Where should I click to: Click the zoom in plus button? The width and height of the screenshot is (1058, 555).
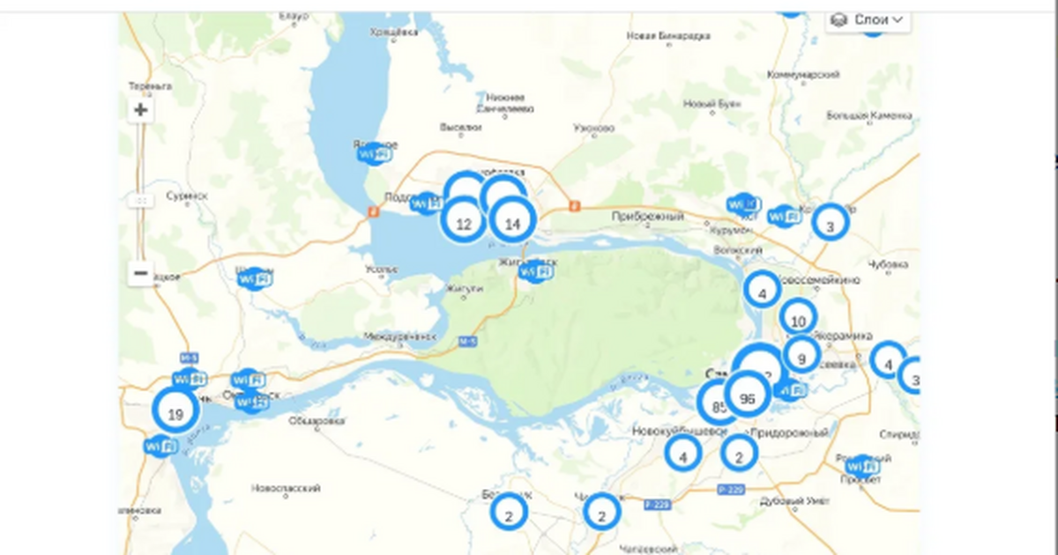[x=140, y=111]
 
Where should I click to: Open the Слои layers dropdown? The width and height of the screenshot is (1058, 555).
[x=868, y=19]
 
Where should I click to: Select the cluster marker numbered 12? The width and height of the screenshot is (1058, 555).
[x=464, y=223]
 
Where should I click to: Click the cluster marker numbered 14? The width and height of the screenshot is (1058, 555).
[x=512, y=223]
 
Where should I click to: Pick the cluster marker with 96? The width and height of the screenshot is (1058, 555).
[x=748, y=398]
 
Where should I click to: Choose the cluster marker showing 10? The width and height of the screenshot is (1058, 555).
[x=799, y=320]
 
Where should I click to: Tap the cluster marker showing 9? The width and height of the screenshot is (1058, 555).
[x=801, y=358]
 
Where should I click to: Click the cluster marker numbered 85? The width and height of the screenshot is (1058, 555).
[x=717, y=406]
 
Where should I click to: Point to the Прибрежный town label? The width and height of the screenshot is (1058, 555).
[x=648, y=216]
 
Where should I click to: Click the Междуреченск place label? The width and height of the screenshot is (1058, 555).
[x=400, y=337]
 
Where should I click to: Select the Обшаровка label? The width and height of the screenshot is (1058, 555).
[x=316, y=421]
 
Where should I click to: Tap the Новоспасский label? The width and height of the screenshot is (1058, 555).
[x=286, y=487]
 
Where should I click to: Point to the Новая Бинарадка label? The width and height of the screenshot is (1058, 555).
[x=667, y=36]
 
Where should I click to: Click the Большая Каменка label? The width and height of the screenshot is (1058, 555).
[x=868, y=115]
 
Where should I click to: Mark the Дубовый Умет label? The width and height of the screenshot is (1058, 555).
[x=792, y=500]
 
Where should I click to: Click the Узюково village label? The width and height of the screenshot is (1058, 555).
[x=592, y=129]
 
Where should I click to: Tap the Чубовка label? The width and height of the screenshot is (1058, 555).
[x=888, y=264]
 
